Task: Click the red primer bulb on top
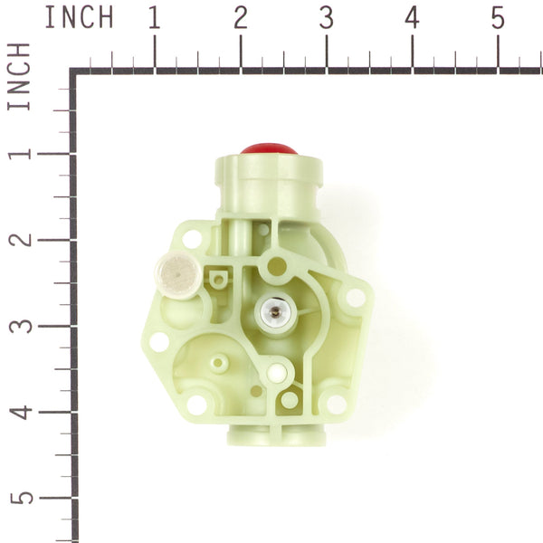(269, 148)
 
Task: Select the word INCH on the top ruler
(79, 17)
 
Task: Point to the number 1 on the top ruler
(154, 17)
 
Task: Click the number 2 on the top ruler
(240, 17)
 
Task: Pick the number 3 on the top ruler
(326, 17)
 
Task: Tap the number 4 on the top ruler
(412, 17)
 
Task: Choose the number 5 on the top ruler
(498, 17)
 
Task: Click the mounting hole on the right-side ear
(355, 296)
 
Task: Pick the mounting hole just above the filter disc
(193, 239)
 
